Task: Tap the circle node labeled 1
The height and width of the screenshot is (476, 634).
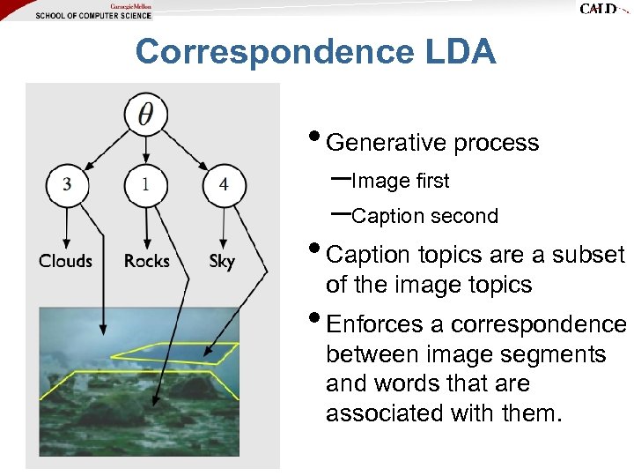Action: point(144,184)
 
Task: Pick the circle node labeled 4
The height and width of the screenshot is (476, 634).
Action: point(224,184)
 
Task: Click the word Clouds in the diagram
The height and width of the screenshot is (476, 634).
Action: point(65,261)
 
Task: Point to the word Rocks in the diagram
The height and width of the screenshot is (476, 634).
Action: point(146,261)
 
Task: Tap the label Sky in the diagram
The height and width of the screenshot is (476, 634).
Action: point(222,261)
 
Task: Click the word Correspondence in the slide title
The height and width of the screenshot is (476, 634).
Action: point(272,53)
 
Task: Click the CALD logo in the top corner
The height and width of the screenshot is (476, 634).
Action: point(601,9)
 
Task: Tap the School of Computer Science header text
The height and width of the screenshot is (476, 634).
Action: point(93,15)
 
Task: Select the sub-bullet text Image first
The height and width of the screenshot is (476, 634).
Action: point(400,182)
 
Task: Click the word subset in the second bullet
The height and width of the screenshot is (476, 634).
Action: point(588,255)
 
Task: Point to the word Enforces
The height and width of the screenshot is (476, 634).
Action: point(374,324)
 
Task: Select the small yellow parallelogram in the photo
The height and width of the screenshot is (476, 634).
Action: point(176,351)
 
